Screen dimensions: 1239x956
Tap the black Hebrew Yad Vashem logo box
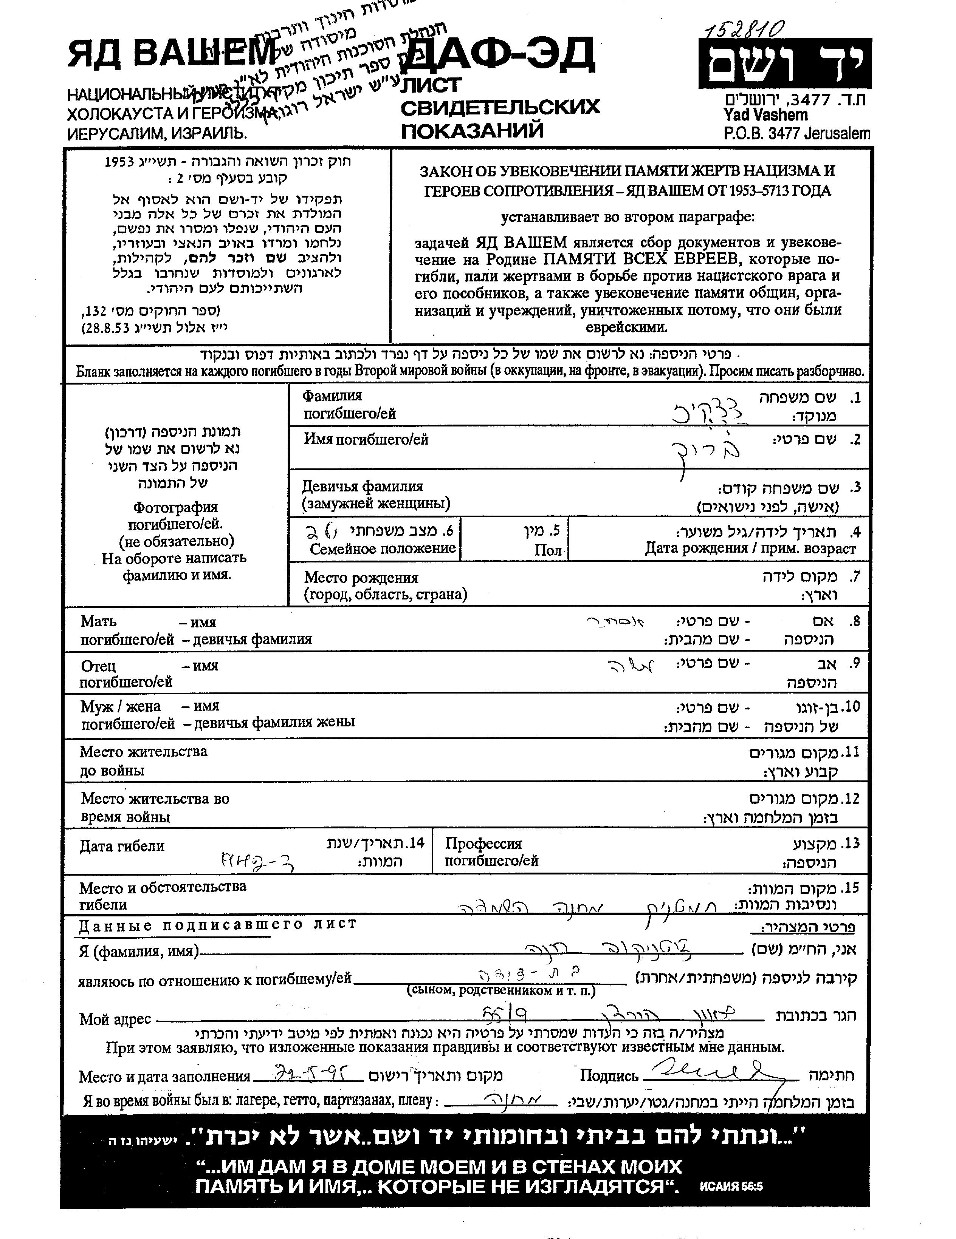[x=784, y=63]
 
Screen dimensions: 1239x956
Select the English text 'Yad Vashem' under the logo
[x=765, y=115]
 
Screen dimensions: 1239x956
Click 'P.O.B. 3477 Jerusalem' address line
[x=796, y=134]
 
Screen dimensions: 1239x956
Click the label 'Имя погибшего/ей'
[x=366, y=440]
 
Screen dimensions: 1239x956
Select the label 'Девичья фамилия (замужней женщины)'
[x=375, y=495]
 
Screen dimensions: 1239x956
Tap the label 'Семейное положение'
[x=383, y=548]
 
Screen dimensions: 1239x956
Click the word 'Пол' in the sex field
[x=548, y=550]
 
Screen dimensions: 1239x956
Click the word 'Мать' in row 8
[x=98, y=621]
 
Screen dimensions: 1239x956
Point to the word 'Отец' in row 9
[x=98, y=666]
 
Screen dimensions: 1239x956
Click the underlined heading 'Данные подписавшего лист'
[x=217, y=925]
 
